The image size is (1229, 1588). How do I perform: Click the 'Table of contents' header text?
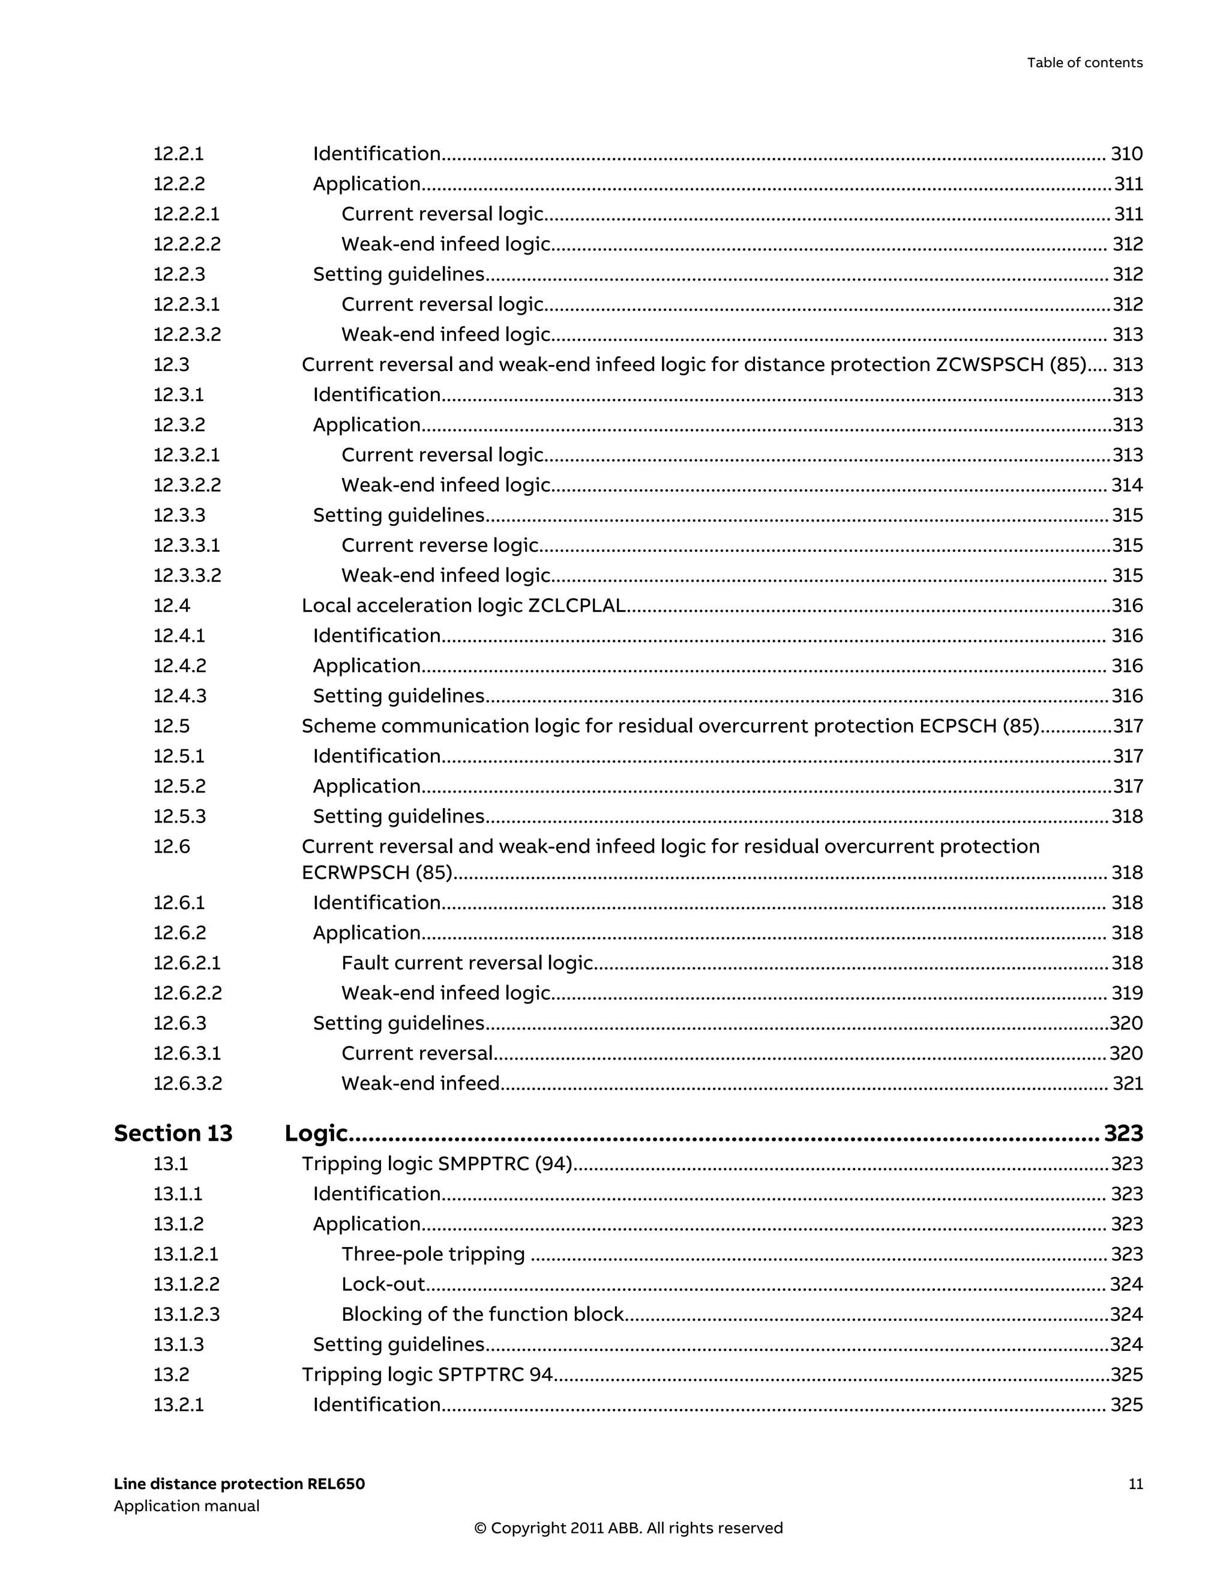click(1084, 62)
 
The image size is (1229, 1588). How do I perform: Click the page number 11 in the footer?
click(1135, 1484)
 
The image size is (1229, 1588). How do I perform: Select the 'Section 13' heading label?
click(173, 1134)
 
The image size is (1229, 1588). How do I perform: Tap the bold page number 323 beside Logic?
click(1123, 1134)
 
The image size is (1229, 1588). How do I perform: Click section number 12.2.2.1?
click(186, 214)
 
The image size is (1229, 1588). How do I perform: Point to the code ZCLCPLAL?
click(576, 606)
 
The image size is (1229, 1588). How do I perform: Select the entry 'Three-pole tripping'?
click(433, 1254)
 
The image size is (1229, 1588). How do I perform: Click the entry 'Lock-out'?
click(383, 1284)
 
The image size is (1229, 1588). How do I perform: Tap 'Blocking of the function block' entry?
click(482, 1315)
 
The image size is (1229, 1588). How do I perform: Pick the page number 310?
click(1126, 154)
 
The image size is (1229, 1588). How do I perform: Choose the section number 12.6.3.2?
click(187, 1084)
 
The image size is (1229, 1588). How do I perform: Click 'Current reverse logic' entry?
click(440, 545)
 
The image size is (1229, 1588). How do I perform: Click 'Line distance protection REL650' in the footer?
click(239, 1484)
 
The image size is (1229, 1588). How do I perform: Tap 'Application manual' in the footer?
click(186, 1506)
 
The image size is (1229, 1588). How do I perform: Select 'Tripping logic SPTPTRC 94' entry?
click(427, 1375)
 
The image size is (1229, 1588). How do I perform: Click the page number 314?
click(1126, 485)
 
